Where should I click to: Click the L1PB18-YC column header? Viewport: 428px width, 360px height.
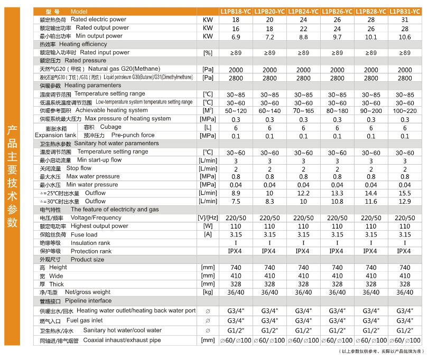tap(236, 11)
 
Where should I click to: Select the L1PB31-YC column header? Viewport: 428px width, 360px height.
tap(404, 11)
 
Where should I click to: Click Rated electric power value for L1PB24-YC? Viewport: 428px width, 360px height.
tap(303, 20)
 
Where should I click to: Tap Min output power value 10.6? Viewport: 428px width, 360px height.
tap(404, 36)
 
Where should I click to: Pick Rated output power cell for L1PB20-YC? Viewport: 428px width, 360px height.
tap(269, 28)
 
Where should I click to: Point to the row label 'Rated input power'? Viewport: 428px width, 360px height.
tap(105, 53)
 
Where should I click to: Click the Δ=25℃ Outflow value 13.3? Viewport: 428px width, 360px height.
tap(337, 193)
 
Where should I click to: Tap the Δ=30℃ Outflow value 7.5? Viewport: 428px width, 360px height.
tap(236, 201)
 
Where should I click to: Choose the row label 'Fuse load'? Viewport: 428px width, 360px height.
tap(84, 234)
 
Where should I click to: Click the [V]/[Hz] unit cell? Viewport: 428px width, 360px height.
tap(208, 218)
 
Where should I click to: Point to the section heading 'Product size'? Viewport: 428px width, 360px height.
tap(87, 260)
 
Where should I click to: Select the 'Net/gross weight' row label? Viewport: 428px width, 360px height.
tap(87, 292)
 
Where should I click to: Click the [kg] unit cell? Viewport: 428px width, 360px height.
tap(208, 292)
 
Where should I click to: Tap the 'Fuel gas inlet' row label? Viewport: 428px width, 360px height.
tap(92, 320)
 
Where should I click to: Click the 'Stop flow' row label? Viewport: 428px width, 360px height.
tap(79, 168)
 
